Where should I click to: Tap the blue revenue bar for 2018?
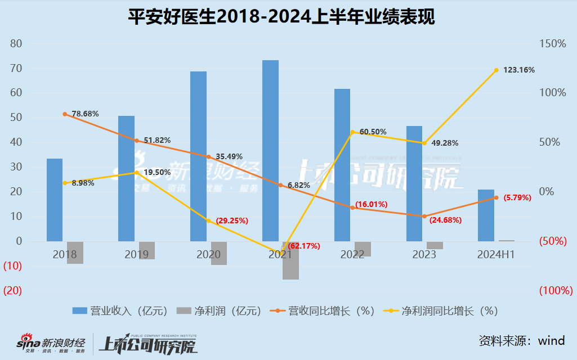tap(55, 200)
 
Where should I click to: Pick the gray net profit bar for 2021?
tap(290, 260)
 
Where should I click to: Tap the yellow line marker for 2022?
tap(352, 132)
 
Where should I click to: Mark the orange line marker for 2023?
tap(424, 217)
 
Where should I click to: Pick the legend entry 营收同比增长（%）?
tap(323, 310)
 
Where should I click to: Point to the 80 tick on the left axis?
tap(16, 43)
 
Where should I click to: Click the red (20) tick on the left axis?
tap(13, 291)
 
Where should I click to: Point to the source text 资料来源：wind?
tap(521, 341)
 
